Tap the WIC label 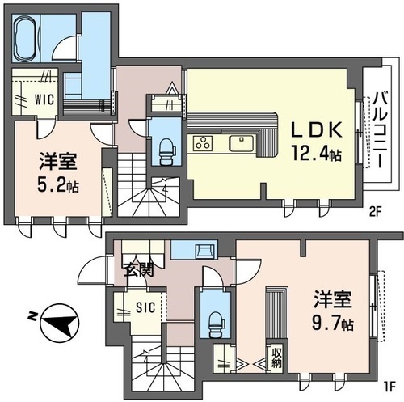44,99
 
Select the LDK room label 316,130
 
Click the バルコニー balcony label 380,130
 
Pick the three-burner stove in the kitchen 203,143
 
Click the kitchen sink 242,143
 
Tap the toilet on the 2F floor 166,151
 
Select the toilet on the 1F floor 217,324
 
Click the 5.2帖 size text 58,185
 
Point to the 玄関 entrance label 138,269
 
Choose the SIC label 145,307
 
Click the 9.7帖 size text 333,324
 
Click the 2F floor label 376,213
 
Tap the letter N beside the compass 32,316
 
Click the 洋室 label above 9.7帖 333,299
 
